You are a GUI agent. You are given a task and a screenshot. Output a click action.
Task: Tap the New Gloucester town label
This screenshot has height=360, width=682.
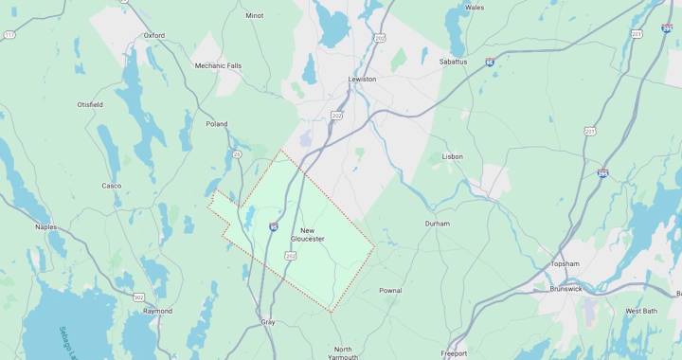pyautogui.click(x=307, y=234)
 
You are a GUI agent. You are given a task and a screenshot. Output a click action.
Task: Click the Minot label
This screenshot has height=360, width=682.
pyautogui.click(x=254, y=15)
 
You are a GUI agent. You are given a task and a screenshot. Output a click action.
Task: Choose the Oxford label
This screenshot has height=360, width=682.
pyautogui.click(x=153, y=35)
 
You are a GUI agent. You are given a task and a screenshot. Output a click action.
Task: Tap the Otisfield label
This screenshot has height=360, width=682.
pyautogui.click(x=90, y=104)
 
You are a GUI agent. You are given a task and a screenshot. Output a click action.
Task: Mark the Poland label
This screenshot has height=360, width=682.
pyautogui.click(x=217, y=124)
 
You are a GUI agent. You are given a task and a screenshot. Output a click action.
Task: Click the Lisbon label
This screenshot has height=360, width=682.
pyautogui.click(x=452, y=156)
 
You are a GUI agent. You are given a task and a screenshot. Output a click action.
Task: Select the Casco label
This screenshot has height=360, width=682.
pyautogui.click(x=111, y=186)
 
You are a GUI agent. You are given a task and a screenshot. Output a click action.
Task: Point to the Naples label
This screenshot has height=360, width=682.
pyautogui.click(x=45, y=227)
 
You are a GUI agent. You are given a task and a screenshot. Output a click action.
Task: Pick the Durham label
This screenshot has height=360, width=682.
pyautogui.click(x=437, y=224)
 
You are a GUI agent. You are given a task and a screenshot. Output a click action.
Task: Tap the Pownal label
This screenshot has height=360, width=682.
pyautogui.click(x=390, y=290)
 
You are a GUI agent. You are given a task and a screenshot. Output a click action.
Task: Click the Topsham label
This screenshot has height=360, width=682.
pyautogui.click(x=565, y=264)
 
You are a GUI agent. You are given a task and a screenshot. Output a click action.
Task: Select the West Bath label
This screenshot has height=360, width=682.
pyautogui.click(x=641, y=311)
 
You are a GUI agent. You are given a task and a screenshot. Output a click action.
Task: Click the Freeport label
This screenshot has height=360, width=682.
pyautogui.click(x=454, y=352)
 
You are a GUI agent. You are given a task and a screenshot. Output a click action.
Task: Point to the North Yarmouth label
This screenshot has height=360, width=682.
pyautogui.click(x=343, y=352)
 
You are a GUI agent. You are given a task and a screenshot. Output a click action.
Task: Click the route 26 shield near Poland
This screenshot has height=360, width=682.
pyautogui.click(x=236, y=153)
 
